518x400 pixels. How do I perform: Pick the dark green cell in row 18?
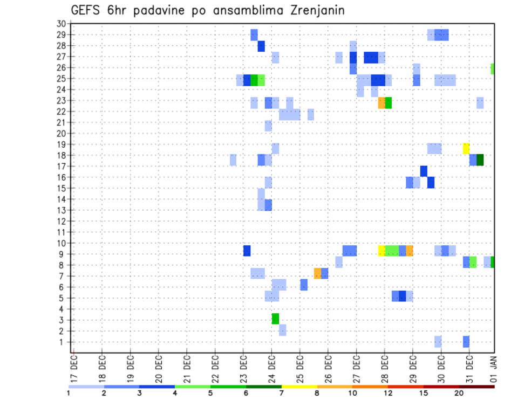(480, 160)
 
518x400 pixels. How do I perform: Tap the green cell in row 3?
(275, 319)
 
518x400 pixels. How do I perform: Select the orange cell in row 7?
(317, 273)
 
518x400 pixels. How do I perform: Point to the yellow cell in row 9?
(381, 251)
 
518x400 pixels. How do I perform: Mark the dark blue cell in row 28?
(261, 46)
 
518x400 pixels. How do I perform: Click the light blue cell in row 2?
(282, 330)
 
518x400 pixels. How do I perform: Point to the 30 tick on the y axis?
(61, 24)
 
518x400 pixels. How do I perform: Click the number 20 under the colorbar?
(459, 393)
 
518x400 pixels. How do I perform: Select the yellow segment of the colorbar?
(299, 387)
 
